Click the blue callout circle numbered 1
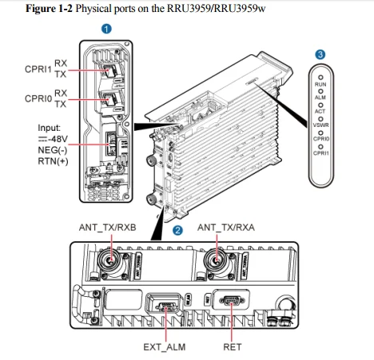[105, 29]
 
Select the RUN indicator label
[320, 83]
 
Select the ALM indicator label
[320, 97]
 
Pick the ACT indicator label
[320, 111]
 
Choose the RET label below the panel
[233, 347]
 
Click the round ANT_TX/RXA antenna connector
[214, 260]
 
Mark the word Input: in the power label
[50, 128]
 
